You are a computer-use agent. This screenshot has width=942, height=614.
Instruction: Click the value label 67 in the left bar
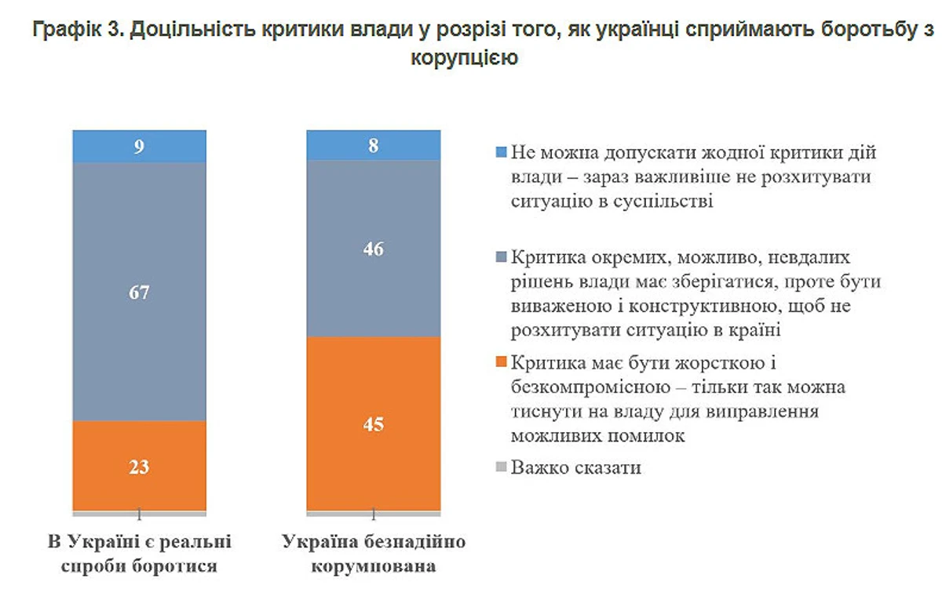139,292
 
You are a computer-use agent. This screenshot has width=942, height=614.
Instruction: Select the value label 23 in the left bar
139,467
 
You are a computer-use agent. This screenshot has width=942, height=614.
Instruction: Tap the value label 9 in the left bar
139,145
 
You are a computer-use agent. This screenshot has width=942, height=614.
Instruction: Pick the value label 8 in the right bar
373,144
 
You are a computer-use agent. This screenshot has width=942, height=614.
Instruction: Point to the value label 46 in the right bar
373,249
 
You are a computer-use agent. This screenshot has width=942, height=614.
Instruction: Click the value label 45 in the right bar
373,424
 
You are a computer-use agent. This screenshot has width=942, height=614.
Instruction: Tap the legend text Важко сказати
576,469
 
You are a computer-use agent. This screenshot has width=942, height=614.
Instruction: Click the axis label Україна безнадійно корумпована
373,554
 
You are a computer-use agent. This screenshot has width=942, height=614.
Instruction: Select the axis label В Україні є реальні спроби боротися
139,554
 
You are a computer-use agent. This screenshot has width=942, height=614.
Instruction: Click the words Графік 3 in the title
75,30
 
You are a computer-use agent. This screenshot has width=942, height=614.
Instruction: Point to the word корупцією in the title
464,57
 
